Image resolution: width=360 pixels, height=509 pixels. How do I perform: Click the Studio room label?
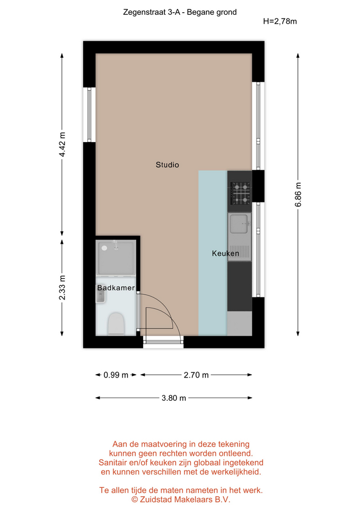[x=167, y=165]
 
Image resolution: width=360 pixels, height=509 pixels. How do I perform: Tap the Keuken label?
[x=226, y=253]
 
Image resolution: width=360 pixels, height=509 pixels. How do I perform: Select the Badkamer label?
[x=116, y=288]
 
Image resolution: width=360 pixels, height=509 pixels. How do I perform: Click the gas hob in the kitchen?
[x=240, y=194]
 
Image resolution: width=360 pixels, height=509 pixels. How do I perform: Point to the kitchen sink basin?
[x=239, y=224]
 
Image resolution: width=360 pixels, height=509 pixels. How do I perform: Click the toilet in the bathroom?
[x=116, y=323]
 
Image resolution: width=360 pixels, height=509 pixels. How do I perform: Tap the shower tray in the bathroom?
[x=116, y=258]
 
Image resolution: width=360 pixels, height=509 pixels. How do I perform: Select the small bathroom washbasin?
[x=101, y=297]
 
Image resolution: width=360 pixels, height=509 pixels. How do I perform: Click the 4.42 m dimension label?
[x=62, y=144]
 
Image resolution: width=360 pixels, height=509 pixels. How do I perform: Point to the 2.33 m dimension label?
[x=62, y=287]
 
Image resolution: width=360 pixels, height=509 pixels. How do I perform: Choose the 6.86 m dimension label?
[x=298, y=195]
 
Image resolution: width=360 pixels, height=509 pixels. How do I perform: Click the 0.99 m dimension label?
[x=116, y=375]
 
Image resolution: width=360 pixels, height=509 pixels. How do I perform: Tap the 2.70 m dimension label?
[x=196, y=375]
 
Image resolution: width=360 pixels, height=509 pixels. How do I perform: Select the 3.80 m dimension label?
[x=174, y=398]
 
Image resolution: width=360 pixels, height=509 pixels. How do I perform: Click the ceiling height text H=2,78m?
[x=280, y=21]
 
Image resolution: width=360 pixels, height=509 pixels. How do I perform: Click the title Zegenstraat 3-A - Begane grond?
[x=180, y=12]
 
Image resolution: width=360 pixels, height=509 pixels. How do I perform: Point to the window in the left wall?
[x=89, y=115]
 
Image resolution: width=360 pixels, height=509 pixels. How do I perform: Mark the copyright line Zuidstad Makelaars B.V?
[x=180, y=499]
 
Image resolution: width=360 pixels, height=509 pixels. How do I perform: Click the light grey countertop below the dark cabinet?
[x=240, y=323]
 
